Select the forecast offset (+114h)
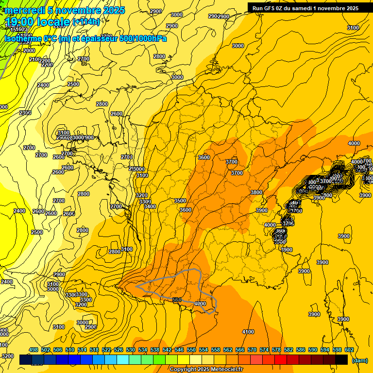click(86, 21)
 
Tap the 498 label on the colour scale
click(34, 350)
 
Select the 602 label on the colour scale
click(349, 350)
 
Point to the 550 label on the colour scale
click(191, 350)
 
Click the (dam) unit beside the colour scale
click(359, 360)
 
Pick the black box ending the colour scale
click(341, 359)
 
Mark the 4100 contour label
click(248, 332)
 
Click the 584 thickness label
click(177, 300)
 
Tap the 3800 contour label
click(256, 192)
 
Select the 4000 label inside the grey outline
click(200, 304)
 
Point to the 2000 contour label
click(29, 51)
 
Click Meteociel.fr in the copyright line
click(224, 370)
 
